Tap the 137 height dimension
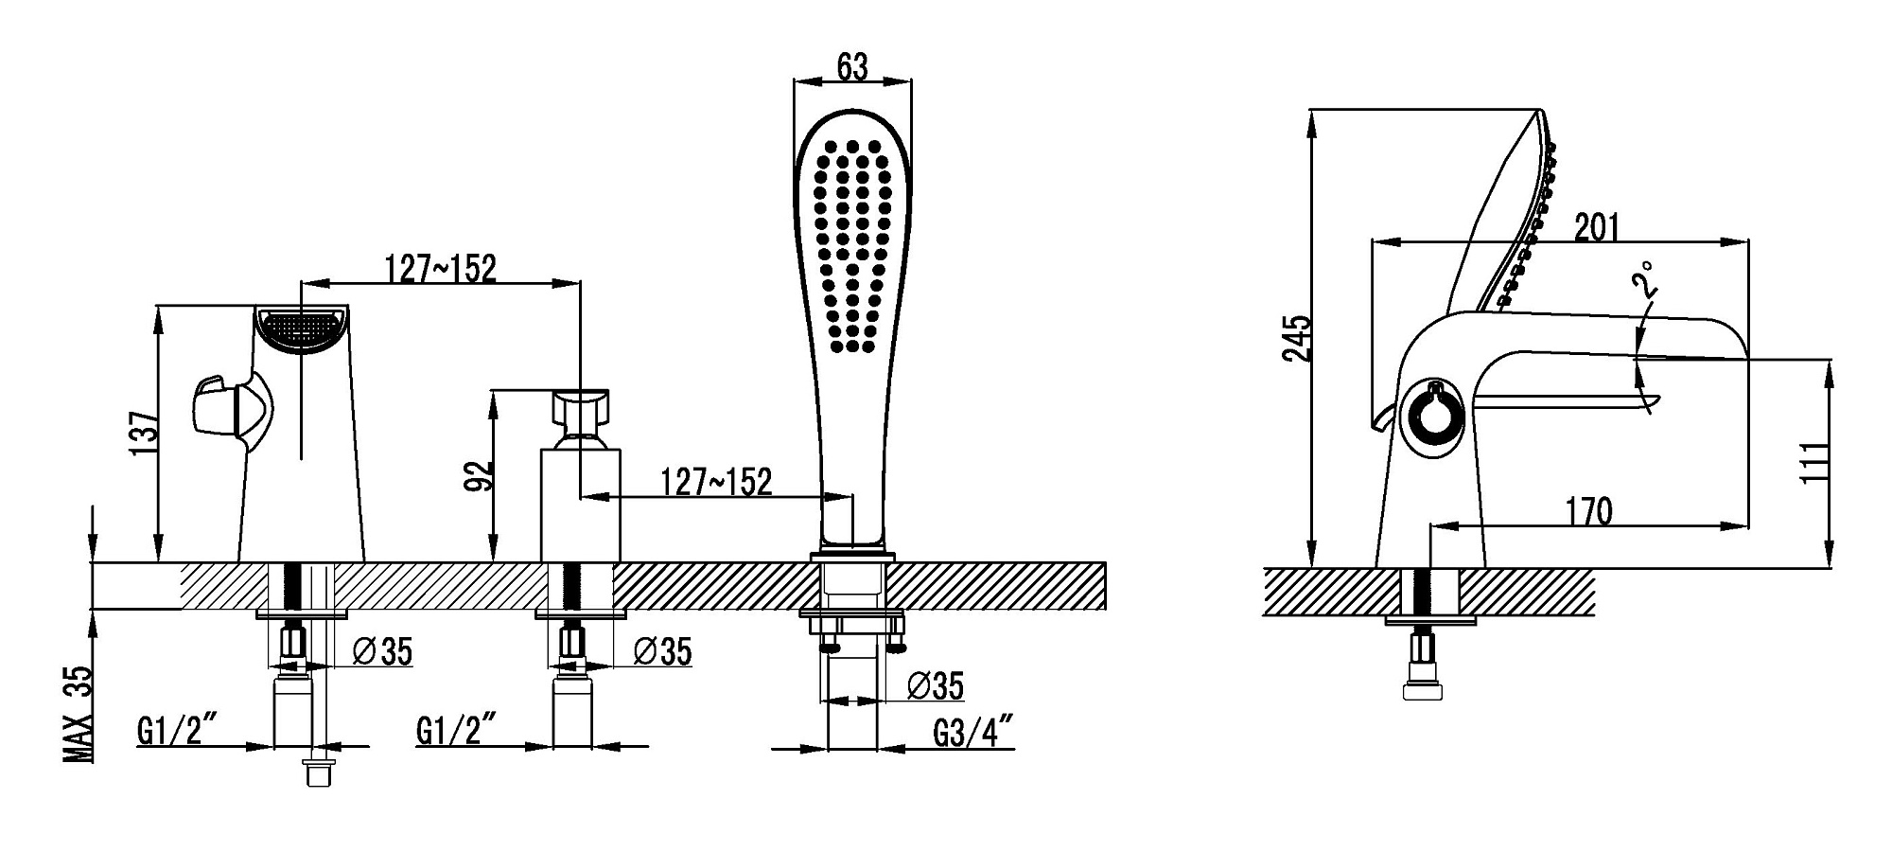[x=144, y=434]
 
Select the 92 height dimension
[x=481, y=475]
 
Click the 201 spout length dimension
[x=1597, y=227]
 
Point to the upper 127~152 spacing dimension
[x=440, y=268]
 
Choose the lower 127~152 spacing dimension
[x=716, y=482]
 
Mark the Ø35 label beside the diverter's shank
[x=662, y=651]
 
